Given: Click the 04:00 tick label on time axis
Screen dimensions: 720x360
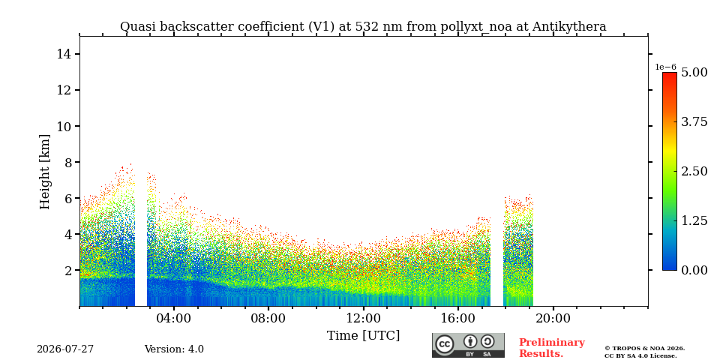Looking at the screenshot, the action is (174, 318).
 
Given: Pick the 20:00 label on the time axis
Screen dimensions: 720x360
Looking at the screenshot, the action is (553, 318).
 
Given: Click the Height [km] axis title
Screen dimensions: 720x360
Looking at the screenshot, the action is (44, 172).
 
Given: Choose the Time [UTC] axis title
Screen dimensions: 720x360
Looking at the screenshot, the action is (363, 336).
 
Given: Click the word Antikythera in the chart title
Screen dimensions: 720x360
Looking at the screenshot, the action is (569, 27).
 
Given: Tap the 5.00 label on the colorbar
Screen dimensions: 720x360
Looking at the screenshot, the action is (694, 73).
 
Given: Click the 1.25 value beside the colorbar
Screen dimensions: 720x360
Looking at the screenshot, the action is (694, 220).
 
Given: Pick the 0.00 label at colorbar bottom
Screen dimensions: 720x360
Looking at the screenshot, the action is (694, 271).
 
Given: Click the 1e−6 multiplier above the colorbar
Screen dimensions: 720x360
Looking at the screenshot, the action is (665, 67).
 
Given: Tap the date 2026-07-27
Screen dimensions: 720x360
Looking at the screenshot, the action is (65, 349).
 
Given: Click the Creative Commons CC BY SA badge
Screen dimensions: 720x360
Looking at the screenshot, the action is (468, 345).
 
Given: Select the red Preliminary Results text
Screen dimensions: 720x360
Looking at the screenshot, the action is (552, 348).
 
